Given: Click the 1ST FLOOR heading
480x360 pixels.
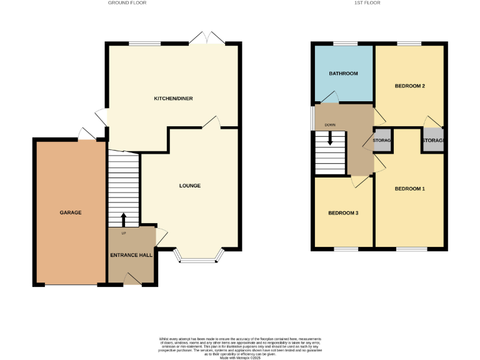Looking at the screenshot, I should [367, 3].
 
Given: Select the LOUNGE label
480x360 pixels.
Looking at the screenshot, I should [189, 186].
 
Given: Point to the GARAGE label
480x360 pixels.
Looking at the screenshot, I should [71, 212].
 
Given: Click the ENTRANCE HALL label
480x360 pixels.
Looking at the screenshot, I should [131, 255].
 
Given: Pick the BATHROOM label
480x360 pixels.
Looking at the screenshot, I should [344, 74].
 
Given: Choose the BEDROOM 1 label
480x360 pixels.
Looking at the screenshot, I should [410, 188].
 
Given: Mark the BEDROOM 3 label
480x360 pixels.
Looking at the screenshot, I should [344, 213].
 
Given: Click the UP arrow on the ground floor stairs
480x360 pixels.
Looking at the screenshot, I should [123, 219].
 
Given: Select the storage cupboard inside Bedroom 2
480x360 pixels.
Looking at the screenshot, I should [432, 141].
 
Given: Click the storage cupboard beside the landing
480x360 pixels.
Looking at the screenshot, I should [382, 141].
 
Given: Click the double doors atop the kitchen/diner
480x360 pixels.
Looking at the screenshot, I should [207, 39].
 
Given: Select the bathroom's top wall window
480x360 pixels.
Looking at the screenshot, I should [344, 43].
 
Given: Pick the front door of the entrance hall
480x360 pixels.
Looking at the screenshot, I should [132, 279].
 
